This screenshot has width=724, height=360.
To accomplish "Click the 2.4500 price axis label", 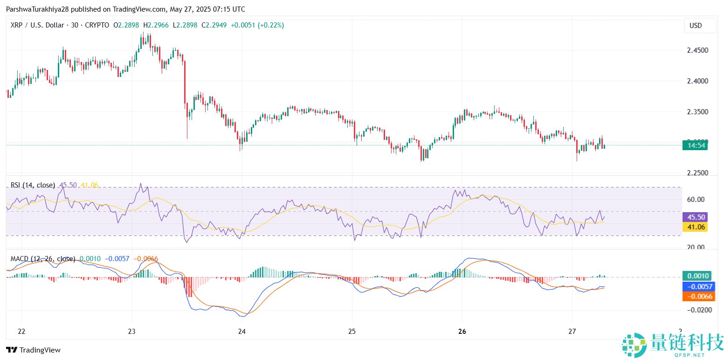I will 700,50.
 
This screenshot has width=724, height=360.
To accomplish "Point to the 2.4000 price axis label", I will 700,81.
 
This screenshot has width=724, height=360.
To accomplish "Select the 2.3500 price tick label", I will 700,112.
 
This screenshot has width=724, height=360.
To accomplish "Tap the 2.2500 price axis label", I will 700,173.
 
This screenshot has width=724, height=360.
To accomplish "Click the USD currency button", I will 696,26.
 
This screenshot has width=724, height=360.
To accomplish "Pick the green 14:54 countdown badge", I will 695,145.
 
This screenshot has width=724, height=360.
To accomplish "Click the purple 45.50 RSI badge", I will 695,217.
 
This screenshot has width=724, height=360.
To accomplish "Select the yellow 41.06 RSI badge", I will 695,227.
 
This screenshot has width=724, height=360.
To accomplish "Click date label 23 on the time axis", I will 131,332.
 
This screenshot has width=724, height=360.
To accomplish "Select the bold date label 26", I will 462,332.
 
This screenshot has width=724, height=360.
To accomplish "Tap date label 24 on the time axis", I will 241,332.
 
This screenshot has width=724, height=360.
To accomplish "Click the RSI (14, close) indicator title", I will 33,185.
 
